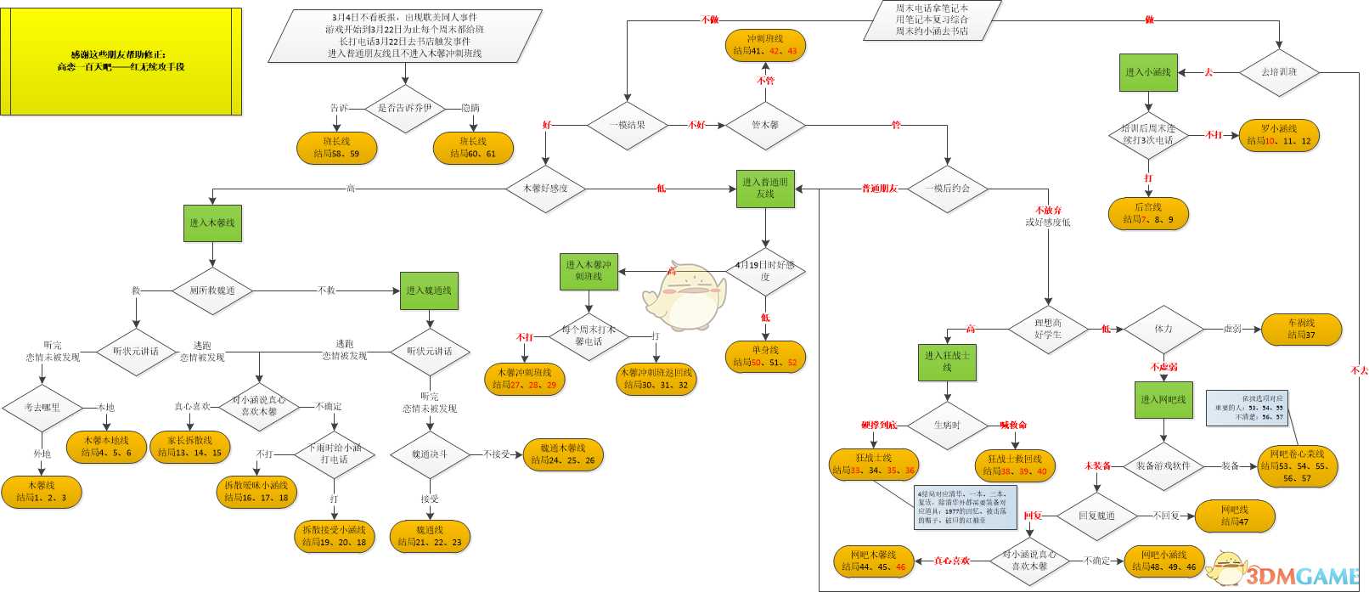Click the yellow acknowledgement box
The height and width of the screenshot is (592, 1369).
pyautogui.click(x=121, y=61)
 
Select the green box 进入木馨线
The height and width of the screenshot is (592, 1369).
pyautogui.click(x=212, y=223)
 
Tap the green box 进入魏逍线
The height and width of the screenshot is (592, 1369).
pyautogui.click(x=429, y=290)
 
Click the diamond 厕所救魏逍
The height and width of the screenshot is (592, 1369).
pyautogui.click(x=212, y=290)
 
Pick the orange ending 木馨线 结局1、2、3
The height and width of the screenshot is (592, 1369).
pyautogui.click(x=41, y=492)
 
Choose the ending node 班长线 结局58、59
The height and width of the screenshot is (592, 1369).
pyautogui.click(x=336, y=148)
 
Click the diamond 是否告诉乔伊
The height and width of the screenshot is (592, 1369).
pyautogui.click(x=405, y=108)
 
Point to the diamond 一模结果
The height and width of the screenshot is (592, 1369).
pyautogui.click(x=628, y=125)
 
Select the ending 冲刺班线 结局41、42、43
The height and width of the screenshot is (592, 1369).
pyautogui.click(x=765, y=45)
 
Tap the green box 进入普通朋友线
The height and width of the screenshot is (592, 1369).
pyautogui.click(x=765, y=188)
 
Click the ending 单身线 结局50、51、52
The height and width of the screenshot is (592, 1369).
pyautogui.click(x=765, y=356)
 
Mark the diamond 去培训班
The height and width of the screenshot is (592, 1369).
pyautogui.click(x=1279, y=72)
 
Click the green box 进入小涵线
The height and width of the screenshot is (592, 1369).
pyautogui.click(x=1148, y=72)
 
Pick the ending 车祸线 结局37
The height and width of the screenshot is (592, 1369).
pyautogui.click(x=1301, y=329)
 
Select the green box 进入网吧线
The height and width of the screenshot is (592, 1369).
pyautogui.click(x=1163, y=399)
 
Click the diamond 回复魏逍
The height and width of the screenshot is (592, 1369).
pyautogui.click(x=1096, y=516)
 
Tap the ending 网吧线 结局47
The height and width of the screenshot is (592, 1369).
pyautogui.click(x=1235, y=516)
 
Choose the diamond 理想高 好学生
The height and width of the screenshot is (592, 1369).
pyautogui.click(x=1048, y=329)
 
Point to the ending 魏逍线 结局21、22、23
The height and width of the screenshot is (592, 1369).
pyautogui.click(x=430, y=536)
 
